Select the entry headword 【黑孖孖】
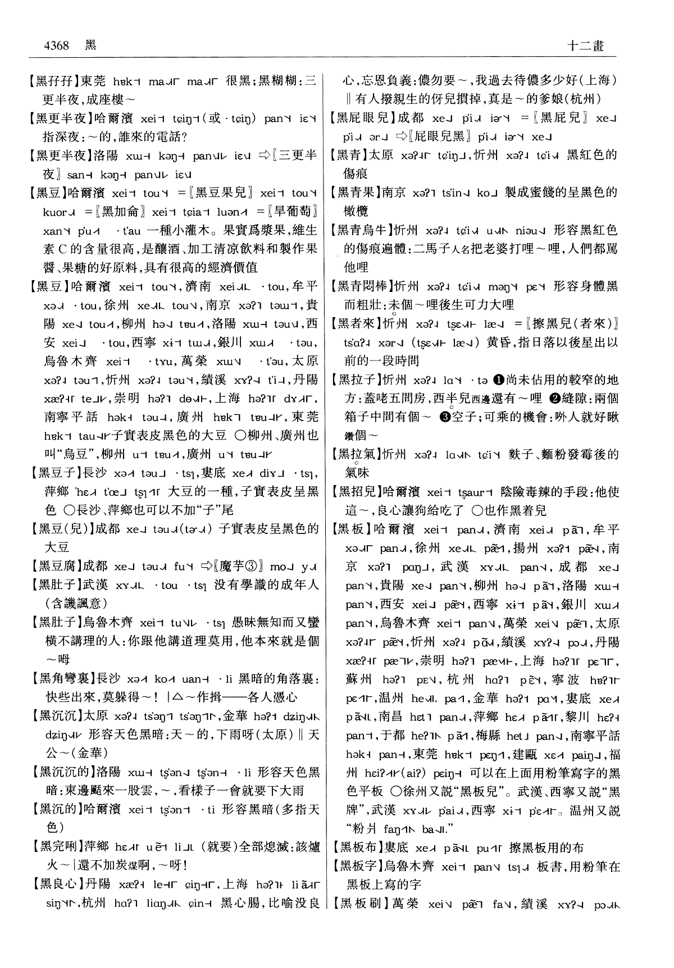click(x=52, y=81)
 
